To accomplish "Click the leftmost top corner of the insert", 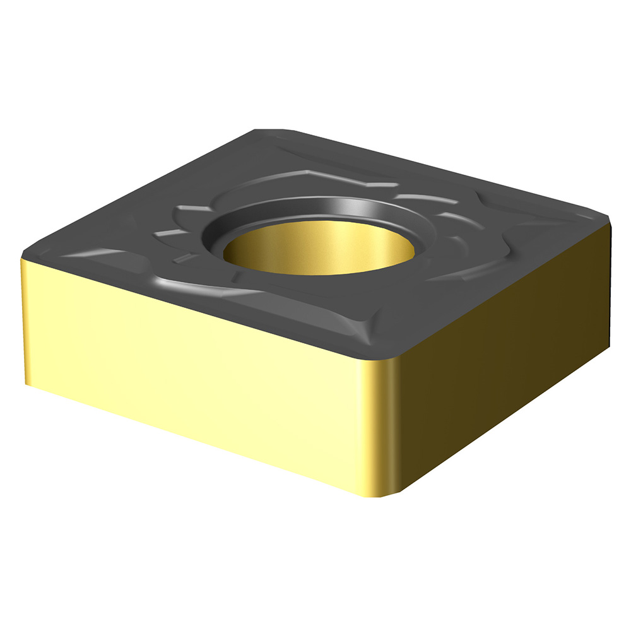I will pos(25,256).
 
